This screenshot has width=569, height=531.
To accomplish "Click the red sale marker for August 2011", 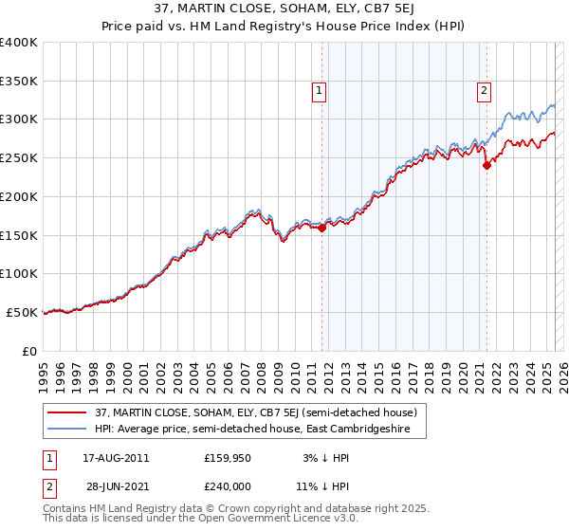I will pos(321,228).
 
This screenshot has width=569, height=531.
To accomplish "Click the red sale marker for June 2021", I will pos(486,165).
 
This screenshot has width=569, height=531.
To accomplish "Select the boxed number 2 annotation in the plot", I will pos(483,91).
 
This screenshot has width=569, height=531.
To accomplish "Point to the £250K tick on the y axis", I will pos(18,158).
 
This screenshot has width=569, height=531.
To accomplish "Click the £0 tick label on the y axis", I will pos(30,351).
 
